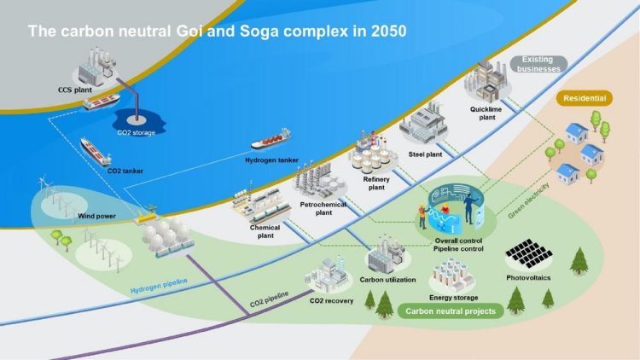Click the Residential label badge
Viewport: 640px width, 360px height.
pos(585,98)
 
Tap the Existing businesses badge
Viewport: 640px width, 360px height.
pos(538,65)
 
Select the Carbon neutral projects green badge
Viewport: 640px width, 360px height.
pos(451,311)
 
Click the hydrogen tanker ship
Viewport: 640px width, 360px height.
pos(271,139)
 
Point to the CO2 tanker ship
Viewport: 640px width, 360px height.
pos(96,152)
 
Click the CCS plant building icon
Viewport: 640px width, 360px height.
pos(95,67)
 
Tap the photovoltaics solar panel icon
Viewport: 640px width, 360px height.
pos(528,253)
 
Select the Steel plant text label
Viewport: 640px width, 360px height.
pos(425,154)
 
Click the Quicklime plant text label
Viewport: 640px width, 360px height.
pos(486,113)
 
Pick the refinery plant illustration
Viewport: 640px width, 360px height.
pos(371,154)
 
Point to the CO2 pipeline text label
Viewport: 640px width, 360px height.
pos(269,299)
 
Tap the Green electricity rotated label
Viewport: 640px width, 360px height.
pos(528,200)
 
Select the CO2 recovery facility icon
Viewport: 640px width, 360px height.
pos(328,275)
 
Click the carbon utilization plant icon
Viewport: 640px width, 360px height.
pos(386,255)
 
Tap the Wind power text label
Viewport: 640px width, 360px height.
pos(96,216)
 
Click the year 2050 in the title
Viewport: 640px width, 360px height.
pos(388,32)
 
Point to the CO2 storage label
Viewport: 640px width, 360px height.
pos(137,132)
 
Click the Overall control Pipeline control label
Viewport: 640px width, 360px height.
pos(458,245)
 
